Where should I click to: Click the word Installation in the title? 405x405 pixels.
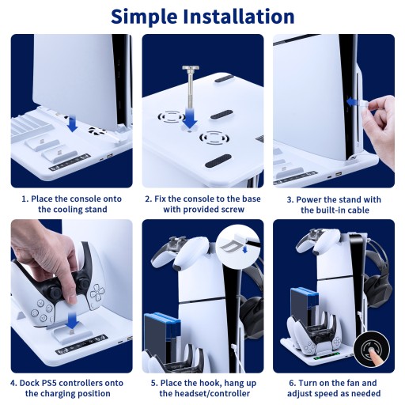[239, 17]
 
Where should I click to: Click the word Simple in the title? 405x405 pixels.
[144, 17]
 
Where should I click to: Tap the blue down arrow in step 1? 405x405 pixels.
[72, 125]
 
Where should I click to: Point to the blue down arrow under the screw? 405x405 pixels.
[190, 118]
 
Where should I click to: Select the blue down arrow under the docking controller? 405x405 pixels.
[72, 320]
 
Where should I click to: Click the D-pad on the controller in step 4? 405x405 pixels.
[97, 293]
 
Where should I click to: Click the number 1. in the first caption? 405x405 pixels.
[25, 199]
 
